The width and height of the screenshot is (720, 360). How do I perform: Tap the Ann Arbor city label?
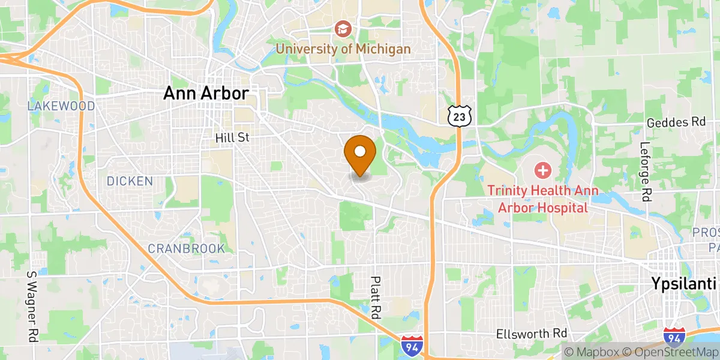(x=206, y=94)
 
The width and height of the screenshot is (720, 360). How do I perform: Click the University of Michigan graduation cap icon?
(x=343, y=28)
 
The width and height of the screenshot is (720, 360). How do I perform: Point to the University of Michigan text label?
(x=343, y=49)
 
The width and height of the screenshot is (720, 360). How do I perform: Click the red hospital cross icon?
(x=542, y=170)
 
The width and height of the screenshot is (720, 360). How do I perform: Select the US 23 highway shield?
(x=459, y=116)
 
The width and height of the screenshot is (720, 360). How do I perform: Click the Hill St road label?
(x=232, y=138)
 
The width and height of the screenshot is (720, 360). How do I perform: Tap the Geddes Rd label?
(x=676, y=122)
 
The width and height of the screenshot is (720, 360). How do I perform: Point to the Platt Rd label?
(x=376, y=298)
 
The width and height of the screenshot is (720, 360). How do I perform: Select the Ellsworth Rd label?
(x=532, y=333)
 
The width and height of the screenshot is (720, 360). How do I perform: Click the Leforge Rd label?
(x=646, y=171)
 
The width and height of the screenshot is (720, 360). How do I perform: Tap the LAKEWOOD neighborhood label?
(x=61, y=106)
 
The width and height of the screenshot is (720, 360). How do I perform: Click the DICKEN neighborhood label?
(x=130, y=181)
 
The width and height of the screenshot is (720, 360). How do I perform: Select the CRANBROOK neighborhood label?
(x=187, y=248)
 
